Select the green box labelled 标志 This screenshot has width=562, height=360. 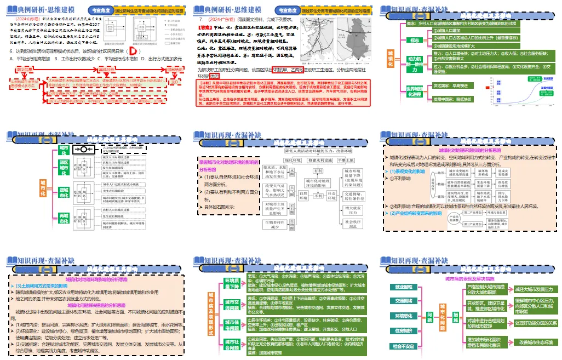414,41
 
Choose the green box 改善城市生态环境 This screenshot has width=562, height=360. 534,342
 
